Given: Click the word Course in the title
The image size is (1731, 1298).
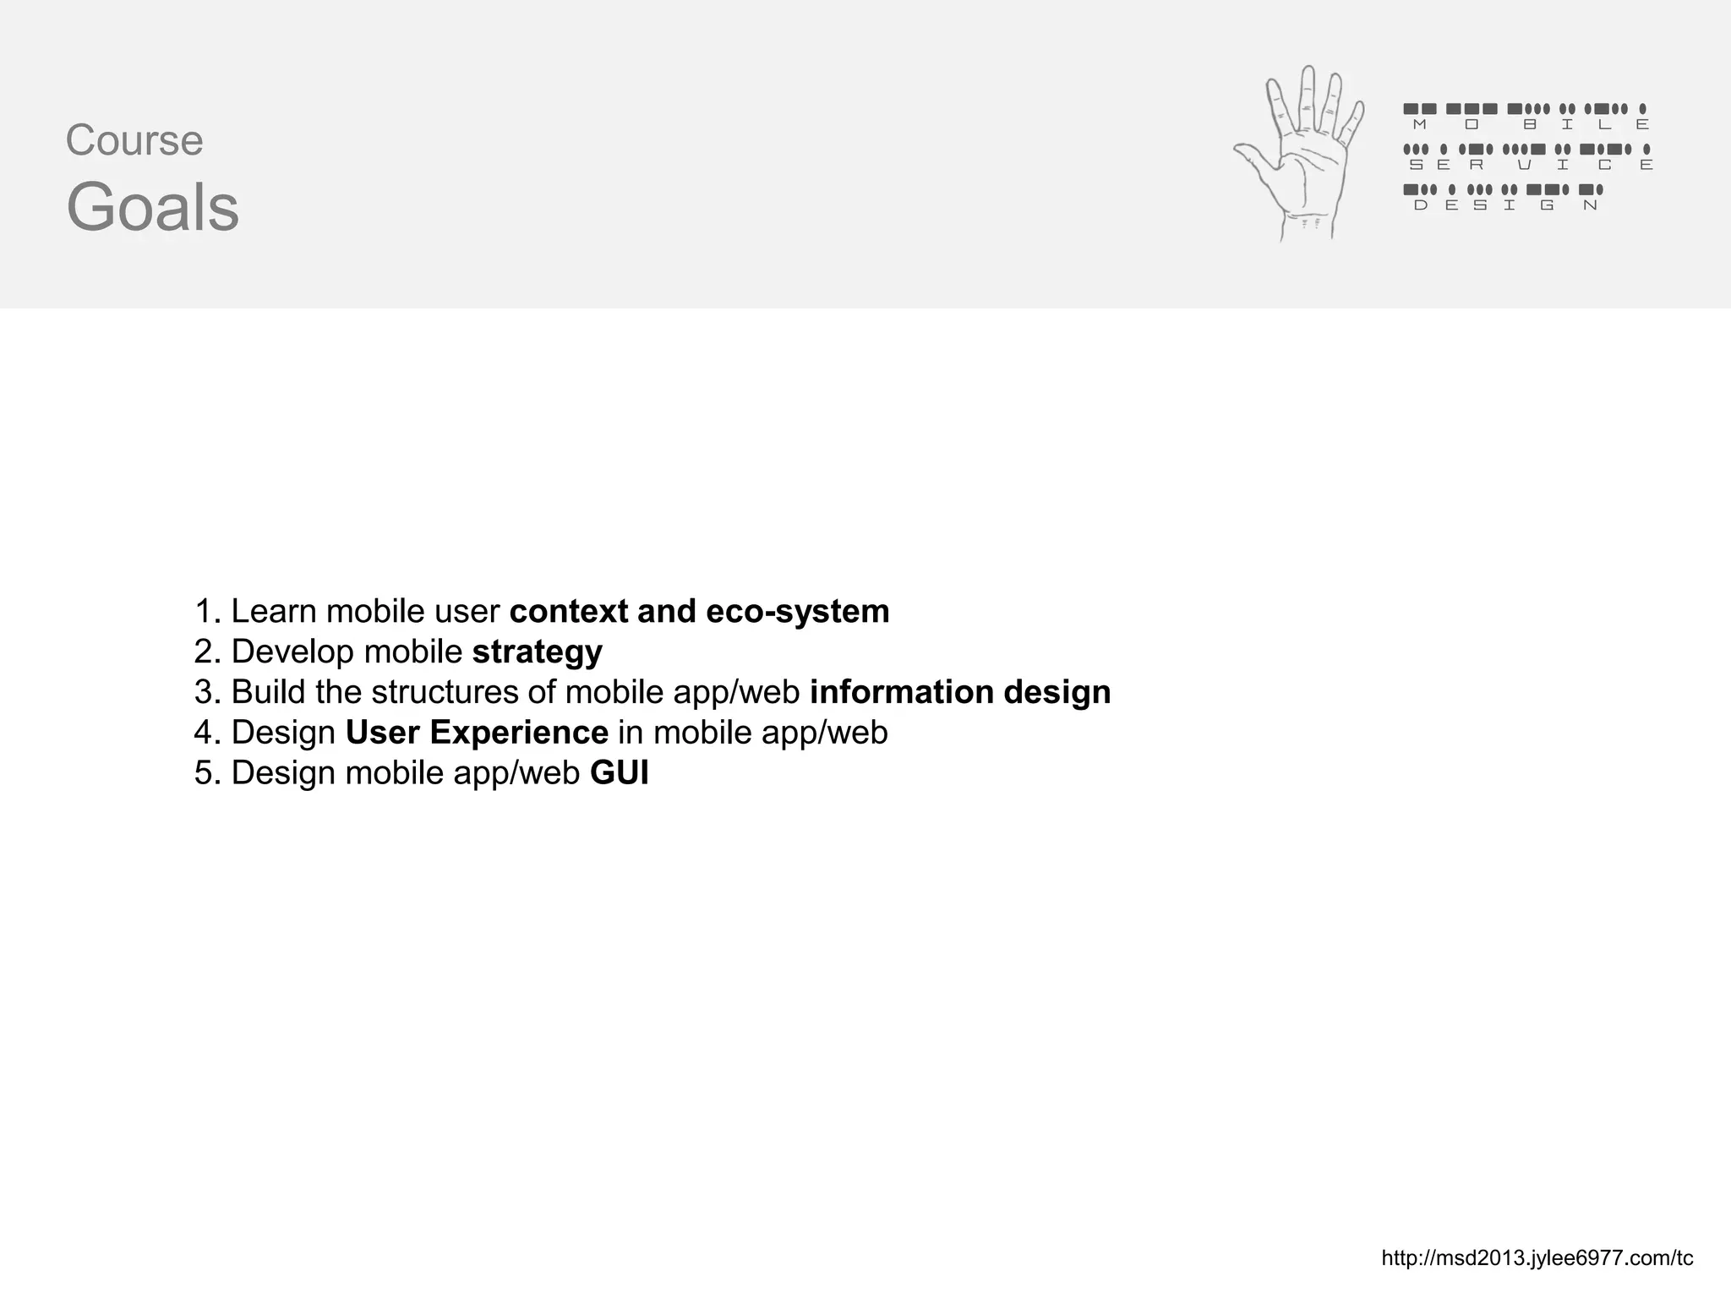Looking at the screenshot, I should [x=134, y=140].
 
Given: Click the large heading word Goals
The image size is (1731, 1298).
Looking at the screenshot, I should [x=153, y=208].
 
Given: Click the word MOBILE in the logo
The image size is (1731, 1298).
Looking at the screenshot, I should [x=1531, y=125].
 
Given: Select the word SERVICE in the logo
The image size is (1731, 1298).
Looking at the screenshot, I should [x=1531, y=165].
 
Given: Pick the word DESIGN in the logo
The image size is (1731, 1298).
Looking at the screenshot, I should [x=1505, y=205].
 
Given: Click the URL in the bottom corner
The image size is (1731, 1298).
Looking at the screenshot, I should [x=1537, y=1258].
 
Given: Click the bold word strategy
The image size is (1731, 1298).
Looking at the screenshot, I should [x=538, y=652].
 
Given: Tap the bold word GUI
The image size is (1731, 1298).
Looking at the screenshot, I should [x=620, y=772].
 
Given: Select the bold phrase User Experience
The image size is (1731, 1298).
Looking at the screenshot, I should [x=477, y=732].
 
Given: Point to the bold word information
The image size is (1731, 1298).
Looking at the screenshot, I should [x=902, y=691].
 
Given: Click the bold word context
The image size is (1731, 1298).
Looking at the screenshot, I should [x=569, y=611].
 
